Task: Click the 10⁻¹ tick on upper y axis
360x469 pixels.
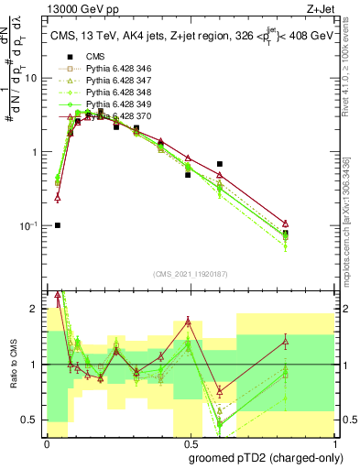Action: pyautogui.click(x=32, y=225)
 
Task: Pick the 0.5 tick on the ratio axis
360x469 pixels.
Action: pyautogui.click(x=35, y=420)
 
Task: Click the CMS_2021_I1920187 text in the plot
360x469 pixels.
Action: pyautogui.click(x=191, y=274)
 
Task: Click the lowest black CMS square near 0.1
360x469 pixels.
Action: pyautogui.click(x=57, y=224)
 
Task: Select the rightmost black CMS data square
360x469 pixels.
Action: pyautogui.click(x=286, y=234)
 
